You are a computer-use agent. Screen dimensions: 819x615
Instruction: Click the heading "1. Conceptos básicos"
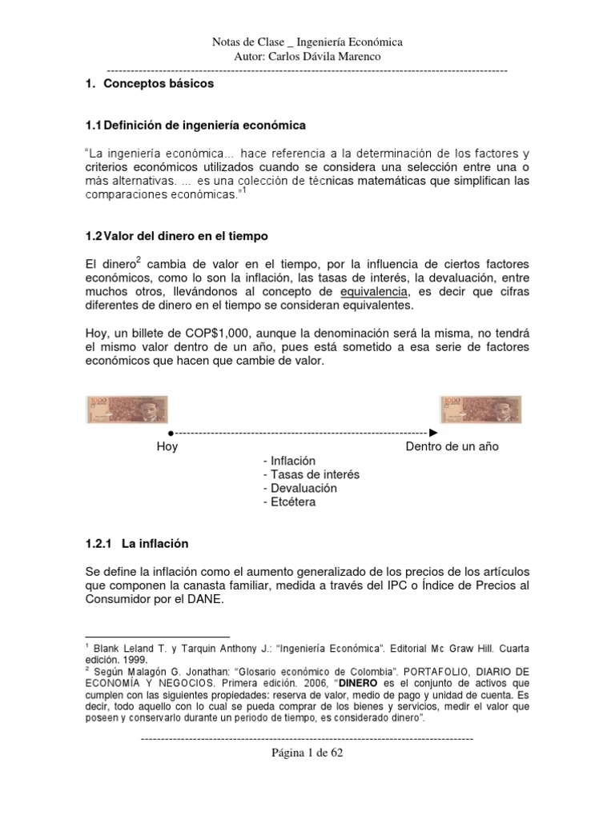click(x=149, y=82)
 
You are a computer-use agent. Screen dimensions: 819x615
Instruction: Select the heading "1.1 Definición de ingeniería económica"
click(x=195, y=126)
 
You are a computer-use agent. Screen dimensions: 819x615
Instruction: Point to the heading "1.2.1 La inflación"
click(x=136, y=543)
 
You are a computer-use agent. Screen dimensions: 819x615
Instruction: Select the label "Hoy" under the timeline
click(x=167, y=446)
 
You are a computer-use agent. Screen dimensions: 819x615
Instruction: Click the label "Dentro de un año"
click(x=452, y=446)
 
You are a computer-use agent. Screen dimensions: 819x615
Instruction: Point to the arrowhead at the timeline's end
click(x=433, y=433)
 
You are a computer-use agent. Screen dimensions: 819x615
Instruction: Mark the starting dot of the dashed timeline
click(x=171, y=433)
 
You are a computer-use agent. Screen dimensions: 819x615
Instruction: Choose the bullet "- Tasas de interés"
click(x=311, y=474)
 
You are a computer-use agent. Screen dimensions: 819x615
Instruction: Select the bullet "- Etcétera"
click(x=288, y=501)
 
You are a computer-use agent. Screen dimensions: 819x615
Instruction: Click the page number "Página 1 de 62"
click(x=307, y=753)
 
